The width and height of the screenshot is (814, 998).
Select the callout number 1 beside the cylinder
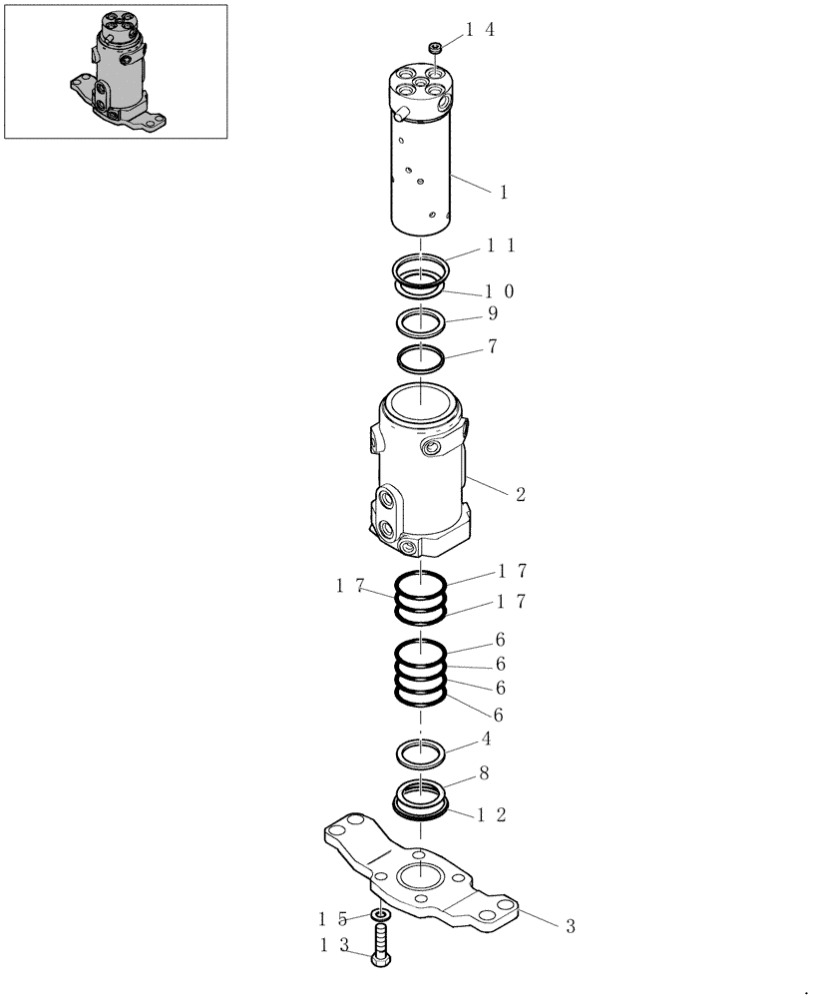[x=504, y=192]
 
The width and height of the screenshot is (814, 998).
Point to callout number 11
[x=500, y=246]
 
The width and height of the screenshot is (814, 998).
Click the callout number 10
[x=500, y=291]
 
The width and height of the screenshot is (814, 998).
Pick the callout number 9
[x=492, y=313]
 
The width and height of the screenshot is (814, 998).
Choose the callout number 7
[x=492, y=347]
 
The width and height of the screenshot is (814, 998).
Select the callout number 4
[x=486, y=740]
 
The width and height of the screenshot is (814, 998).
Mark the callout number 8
[x=483, y=772]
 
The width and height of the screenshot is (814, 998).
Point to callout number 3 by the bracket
[x=570, y=927]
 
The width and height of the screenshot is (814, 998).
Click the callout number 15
[x=334, y=917]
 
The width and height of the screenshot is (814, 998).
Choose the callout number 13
[x=334, y=944]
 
